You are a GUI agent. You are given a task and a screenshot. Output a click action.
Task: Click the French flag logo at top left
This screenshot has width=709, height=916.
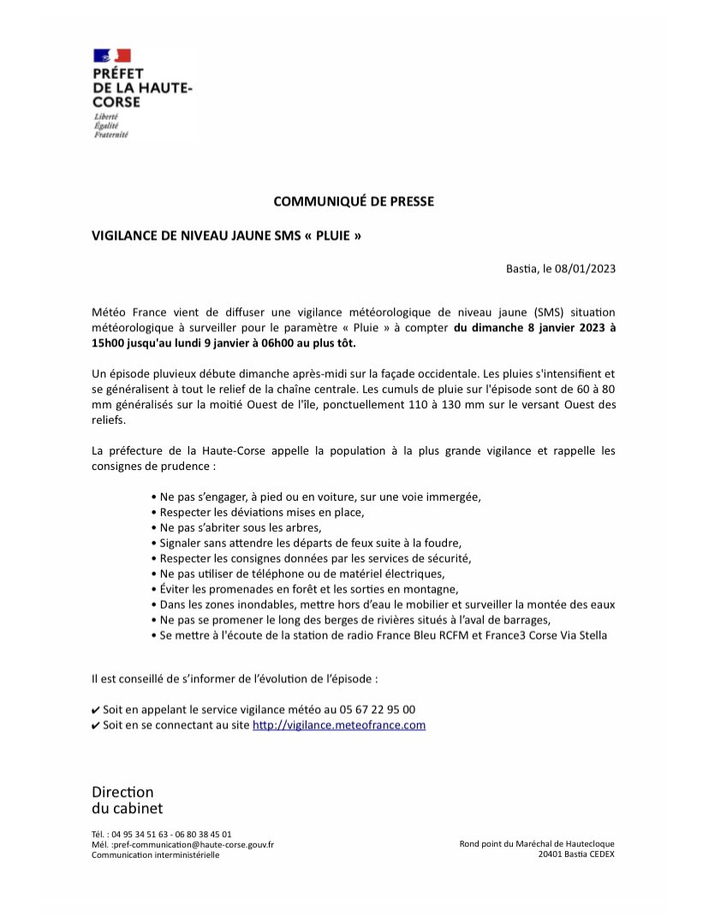point(111,57)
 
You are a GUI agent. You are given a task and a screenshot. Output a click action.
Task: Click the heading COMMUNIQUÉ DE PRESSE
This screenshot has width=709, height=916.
point(354,201)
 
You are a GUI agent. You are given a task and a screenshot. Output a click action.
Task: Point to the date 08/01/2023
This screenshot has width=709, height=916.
point(586,268)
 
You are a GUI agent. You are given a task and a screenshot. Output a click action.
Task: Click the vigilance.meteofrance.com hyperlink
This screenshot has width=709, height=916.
point(339,725)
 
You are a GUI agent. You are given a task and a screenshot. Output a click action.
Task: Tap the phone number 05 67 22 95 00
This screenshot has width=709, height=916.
point(377,710)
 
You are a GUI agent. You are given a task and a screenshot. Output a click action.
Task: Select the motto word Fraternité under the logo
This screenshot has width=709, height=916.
point(110,135)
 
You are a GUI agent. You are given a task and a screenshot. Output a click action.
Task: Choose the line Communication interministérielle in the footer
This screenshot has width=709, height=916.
point(155,854)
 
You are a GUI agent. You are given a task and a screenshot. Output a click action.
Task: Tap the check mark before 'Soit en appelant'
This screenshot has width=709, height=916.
point(96,711)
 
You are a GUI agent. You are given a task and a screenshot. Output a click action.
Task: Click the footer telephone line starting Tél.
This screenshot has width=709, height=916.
point(161,834)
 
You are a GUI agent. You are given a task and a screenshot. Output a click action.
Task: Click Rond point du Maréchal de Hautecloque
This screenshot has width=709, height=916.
point(537,844)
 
